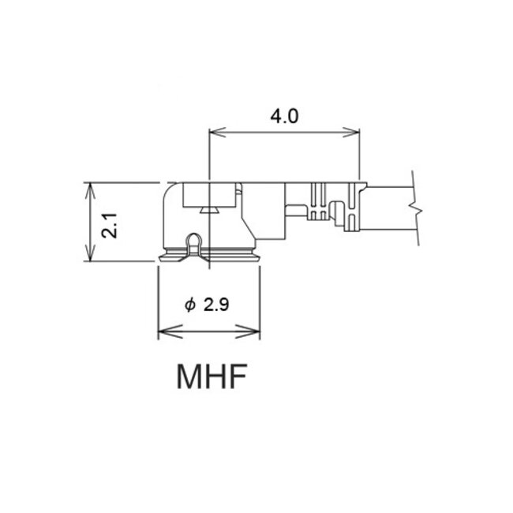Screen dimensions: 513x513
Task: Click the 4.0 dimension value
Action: pos(284,117)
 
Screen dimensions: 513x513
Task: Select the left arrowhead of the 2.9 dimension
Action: pos(163,331)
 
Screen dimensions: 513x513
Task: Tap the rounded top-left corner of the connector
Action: pos(170,192)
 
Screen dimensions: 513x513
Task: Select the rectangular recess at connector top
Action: pos(210,194)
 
